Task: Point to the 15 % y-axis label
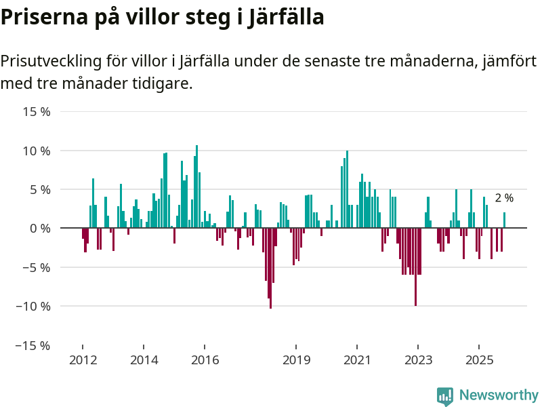click(x=37, y=111)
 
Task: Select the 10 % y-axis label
click(x=37, y=151)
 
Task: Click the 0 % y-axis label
click(x=40, y=229)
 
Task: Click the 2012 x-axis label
click(x=83, y=360)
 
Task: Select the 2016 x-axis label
click(x=205, y=360)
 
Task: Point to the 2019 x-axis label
click(x=296, y=360)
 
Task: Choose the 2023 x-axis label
click(x=418, y=360)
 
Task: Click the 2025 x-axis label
click(x=479, y=360)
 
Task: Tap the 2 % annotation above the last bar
click(x=504, y=198)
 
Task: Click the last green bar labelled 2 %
click(x=504, y=220)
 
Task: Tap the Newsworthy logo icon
click(x=445, y=396)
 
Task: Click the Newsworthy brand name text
click(x=499, y=395)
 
